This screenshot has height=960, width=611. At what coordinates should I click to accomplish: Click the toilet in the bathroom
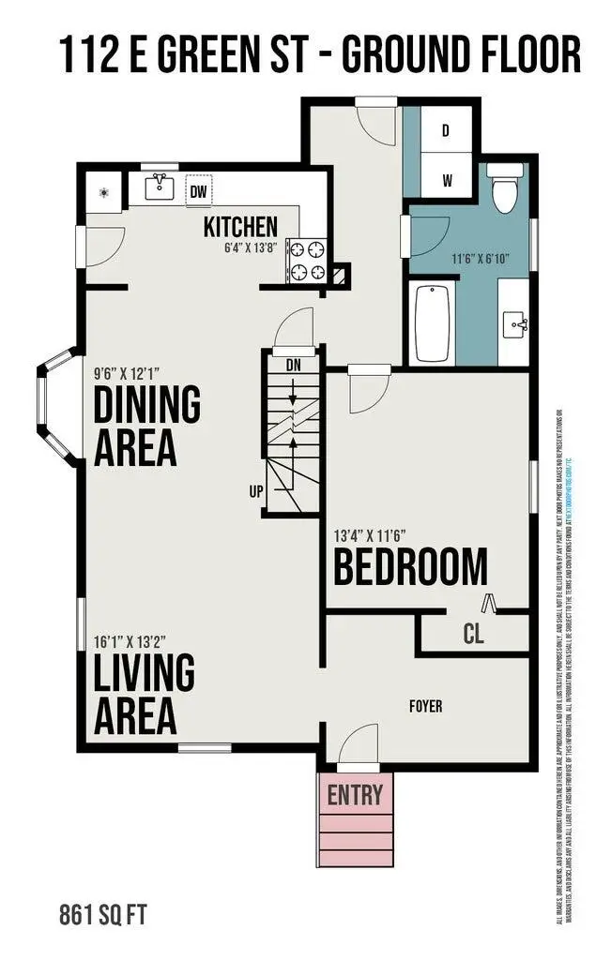(507, 188)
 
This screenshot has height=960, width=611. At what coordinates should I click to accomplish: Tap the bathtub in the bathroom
(433, 323)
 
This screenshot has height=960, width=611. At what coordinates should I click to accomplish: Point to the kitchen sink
(158, 187)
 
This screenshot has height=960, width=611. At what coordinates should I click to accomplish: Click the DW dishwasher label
(198, 192)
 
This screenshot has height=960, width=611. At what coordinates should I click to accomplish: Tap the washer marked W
(447, 181)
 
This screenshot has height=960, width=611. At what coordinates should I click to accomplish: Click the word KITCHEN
(241, 226)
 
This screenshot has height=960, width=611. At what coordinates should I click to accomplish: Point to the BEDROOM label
(410, 567)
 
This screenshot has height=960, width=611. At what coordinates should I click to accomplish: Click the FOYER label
(425, 706)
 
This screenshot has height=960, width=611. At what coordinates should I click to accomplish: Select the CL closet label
(473, 635)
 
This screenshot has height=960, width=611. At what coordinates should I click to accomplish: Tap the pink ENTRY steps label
(355, 796)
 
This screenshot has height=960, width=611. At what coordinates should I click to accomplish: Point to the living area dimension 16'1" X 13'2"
(130, 642)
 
